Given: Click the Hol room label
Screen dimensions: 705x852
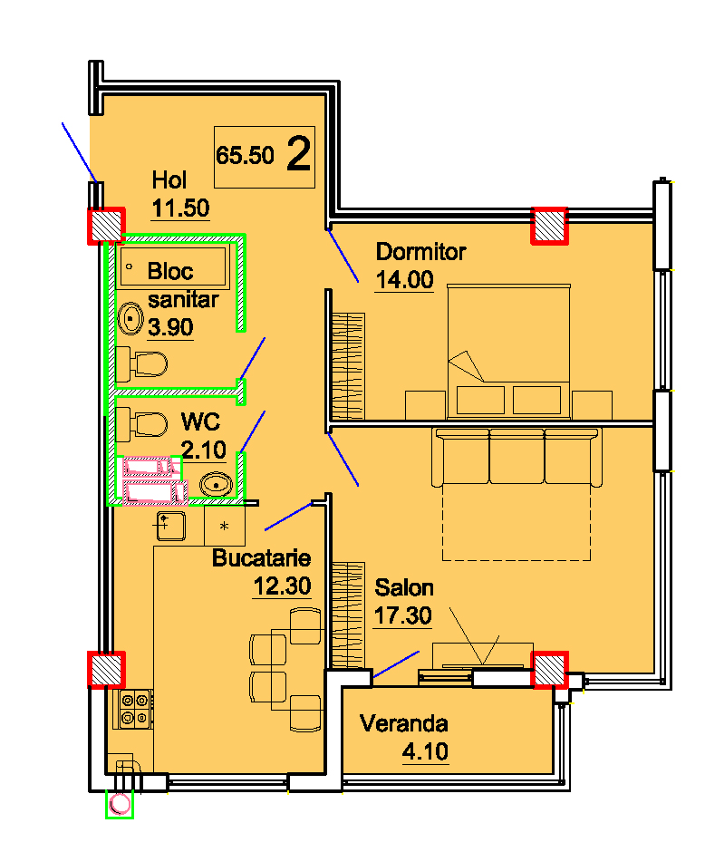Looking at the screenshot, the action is click(x=169, y=179).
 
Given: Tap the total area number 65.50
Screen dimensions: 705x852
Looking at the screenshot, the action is click(x=245, y=155).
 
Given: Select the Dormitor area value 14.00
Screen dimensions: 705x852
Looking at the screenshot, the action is click(x=405, y=280).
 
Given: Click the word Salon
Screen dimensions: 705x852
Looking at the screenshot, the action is click(x=404, y=588).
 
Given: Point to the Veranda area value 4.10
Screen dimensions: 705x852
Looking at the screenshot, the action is click(x=425, y=751).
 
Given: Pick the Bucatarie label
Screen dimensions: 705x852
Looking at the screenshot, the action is click(x=261, y=558).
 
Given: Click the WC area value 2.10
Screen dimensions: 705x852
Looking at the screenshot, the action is click(x=203, y=450).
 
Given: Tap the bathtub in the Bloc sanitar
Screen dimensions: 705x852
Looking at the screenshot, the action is click(x=173, y=266).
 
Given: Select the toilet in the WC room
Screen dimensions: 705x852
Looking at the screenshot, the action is click(x=141, y=424).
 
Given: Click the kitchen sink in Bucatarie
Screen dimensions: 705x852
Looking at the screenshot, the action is click(x=171, y=526).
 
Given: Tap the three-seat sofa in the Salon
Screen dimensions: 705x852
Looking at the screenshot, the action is click(x=517, y=457).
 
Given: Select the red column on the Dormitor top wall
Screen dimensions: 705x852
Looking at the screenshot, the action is click(x=550, y=226).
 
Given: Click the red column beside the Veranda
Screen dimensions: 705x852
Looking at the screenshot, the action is click(x=550, y=670).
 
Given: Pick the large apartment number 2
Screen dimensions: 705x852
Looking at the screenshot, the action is click(x=299, y=154).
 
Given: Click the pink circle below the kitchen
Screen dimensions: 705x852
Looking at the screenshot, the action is click(x=120, y=804).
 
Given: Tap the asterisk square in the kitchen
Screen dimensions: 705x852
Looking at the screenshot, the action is click(x=225, y=526).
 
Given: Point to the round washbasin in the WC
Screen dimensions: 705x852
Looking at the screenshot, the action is click(x=217, y=484).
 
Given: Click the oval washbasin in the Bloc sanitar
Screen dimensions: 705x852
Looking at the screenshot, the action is click(x=130, y=319).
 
